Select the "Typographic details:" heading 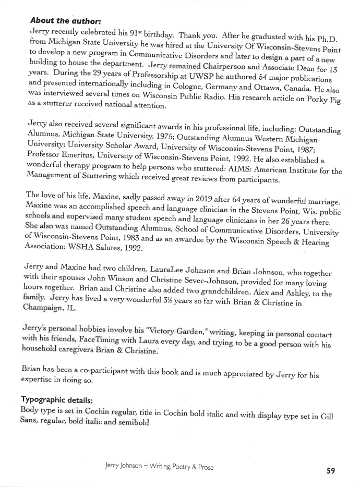coord(56,400)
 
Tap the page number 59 coord(331,471)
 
